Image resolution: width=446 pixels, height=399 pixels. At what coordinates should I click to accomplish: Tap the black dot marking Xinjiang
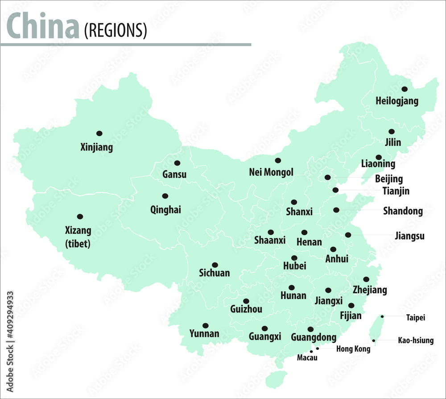tap(99, 133)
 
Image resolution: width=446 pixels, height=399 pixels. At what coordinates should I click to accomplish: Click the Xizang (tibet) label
tap(78, 237)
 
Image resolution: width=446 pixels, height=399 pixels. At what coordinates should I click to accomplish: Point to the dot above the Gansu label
tap(177, 163)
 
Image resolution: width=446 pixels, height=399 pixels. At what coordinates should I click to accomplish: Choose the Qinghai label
tap(165, 209)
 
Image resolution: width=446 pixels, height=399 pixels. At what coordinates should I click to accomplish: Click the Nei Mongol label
tap(271, 172)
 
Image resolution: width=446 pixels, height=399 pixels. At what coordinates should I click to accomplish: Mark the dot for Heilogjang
tap(404, 89)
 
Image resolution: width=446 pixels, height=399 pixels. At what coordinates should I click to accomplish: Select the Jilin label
tap(392, 142)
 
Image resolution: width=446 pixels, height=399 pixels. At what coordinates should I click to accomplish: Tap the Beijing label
tap(388, 179)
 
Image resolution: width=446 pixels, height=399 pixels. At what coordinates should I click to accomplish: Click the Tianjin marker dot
tap(335, 190)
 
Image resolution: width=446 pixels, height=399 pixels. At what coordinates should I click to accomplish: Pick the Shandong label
tap(403, 211)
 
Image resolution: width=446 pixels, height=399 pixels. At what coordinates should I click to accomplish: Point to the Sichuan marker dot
tap(215, 265)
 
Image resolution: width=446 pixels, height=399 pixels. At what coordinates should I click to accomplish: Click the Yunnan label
tap(204, 333)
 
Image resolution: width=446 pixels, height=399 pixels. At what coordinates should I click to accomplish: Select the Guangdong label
tap(314, 337)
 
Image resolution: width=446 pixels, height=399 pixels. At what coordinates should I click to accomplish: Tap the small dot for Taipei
tap(382, 316)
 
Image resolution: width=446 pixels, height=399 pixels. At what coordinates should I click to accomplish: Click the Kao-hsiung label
tap(415, 341)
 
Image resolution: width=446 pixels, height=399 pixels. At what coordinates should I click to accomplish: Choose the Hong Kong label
tap(353, 349)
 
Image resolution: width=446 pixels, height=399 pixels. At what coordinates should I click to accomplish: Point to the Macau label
tap(307, 357)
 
